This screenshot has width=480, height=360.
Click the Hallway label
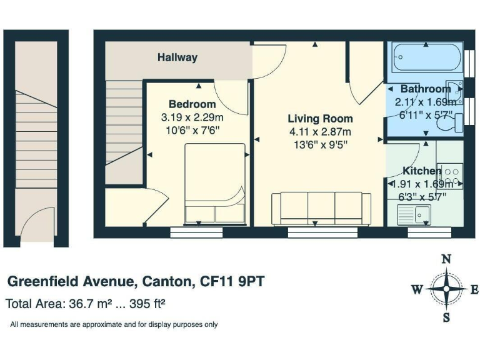click(x=177, y=57)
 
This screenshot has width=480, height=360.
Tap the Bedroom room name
click(x=192, y=104)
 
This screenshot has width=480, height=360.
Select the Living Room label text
click(x=320, y=119)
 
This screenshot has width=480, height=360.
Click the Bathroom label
click(x=426, y=89)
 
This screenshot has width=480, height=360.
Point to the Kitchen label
click(x=422, y=171)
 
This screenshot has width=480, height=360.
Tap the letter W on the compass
click(x=417, y=289)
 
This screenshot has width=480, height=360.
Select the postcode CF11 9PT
click(x=232, y=282)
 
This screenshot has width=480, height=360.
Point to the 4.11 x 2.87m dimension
click(x=320, y=132)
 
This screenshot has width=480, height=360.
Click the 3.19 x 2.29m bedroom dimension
click(x=192, y=117)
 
